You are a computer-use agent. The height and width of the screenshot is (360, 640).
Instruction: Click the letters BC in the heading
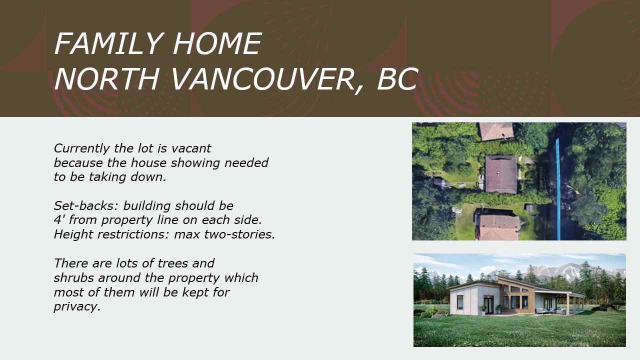click(x=397, y=79)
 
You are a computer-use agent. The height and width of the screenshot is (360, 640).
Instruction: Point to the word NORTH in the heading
click(x=106, y=79)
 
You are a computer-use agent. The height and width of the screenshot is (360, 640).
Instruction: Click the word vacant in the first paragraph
click(x=191, y=148)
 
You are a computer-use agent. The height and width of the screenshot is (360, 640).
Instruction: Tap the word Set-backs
click(x=86, y=205)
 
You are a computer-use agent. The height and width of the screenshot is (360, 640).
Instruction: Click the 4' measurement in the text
click(x=59, y=219)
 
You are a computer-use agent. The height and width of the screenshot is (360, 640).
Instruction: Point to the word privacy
click(x=77, y=307)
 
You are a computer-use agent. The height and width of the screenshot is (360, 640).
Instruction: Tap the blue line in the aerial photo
click(x=558, y=189)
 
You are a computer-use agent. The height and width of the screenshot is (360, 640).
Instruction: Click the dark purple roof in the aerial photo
click(x=501, y=174)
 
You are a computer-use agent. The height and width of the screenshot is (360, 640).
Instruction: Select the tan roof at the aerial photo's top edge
click(x=496, y=131)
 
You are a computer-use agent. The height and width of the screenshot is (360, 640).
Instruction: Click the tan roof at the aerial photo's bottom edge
click(x=499, y=227)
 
